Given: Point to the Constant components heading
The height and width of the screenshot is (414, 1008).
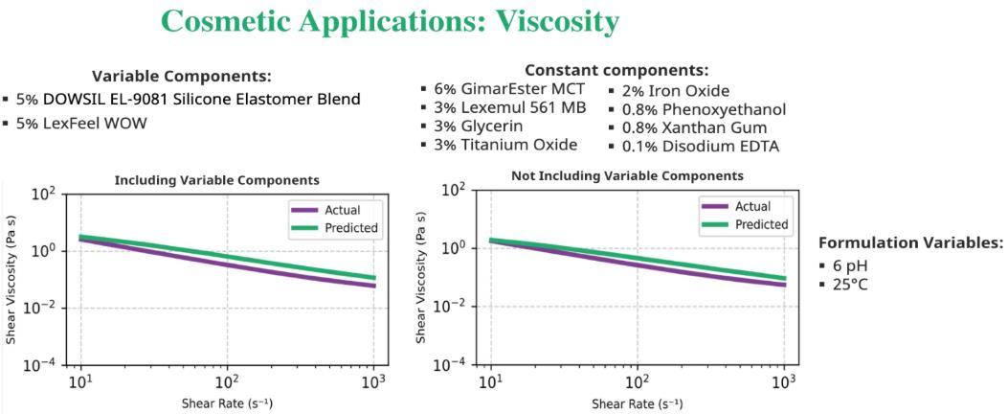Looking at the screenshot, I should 616,70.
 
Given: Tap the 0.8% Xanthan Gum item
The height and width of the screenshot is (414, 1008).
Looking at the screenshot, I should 689,127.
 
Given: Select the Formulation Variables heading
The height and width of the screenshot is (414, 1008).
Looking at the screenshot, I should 910,243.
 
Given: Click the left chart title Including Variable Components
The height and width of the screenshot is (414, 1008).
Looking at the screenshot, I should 216,180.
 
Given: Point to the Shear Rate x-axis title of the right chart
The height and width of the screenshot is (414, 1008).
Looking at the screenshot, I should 637,403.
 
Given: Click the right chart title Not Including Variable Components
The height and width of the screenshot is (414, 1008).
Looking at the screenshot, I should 627,176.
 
